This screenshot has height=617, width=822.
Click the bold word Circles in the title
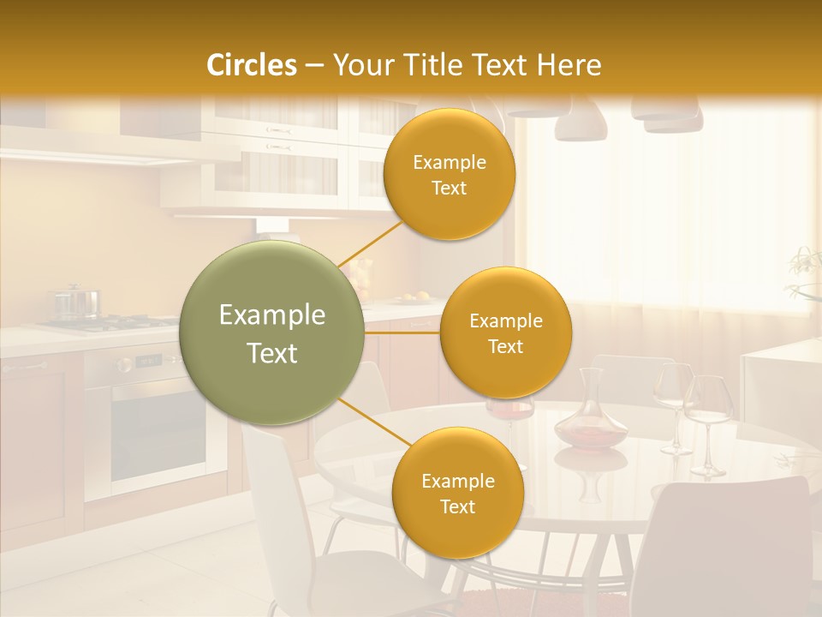251,65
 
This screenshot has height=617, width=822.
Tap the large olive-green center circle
272,332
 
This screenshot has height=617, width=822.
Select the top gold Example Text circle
449,174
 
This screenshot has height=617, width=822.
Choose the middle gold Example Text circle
505,332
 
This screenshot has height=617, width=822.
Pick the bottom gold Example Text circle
457,493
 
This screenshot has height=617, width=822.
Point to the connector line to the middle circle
402,332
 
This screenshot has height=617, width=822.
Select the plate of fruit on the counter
413,298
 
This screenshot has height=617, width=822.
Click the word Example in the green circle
272,315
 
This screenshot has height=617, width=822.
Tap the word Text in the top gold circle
449,188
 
